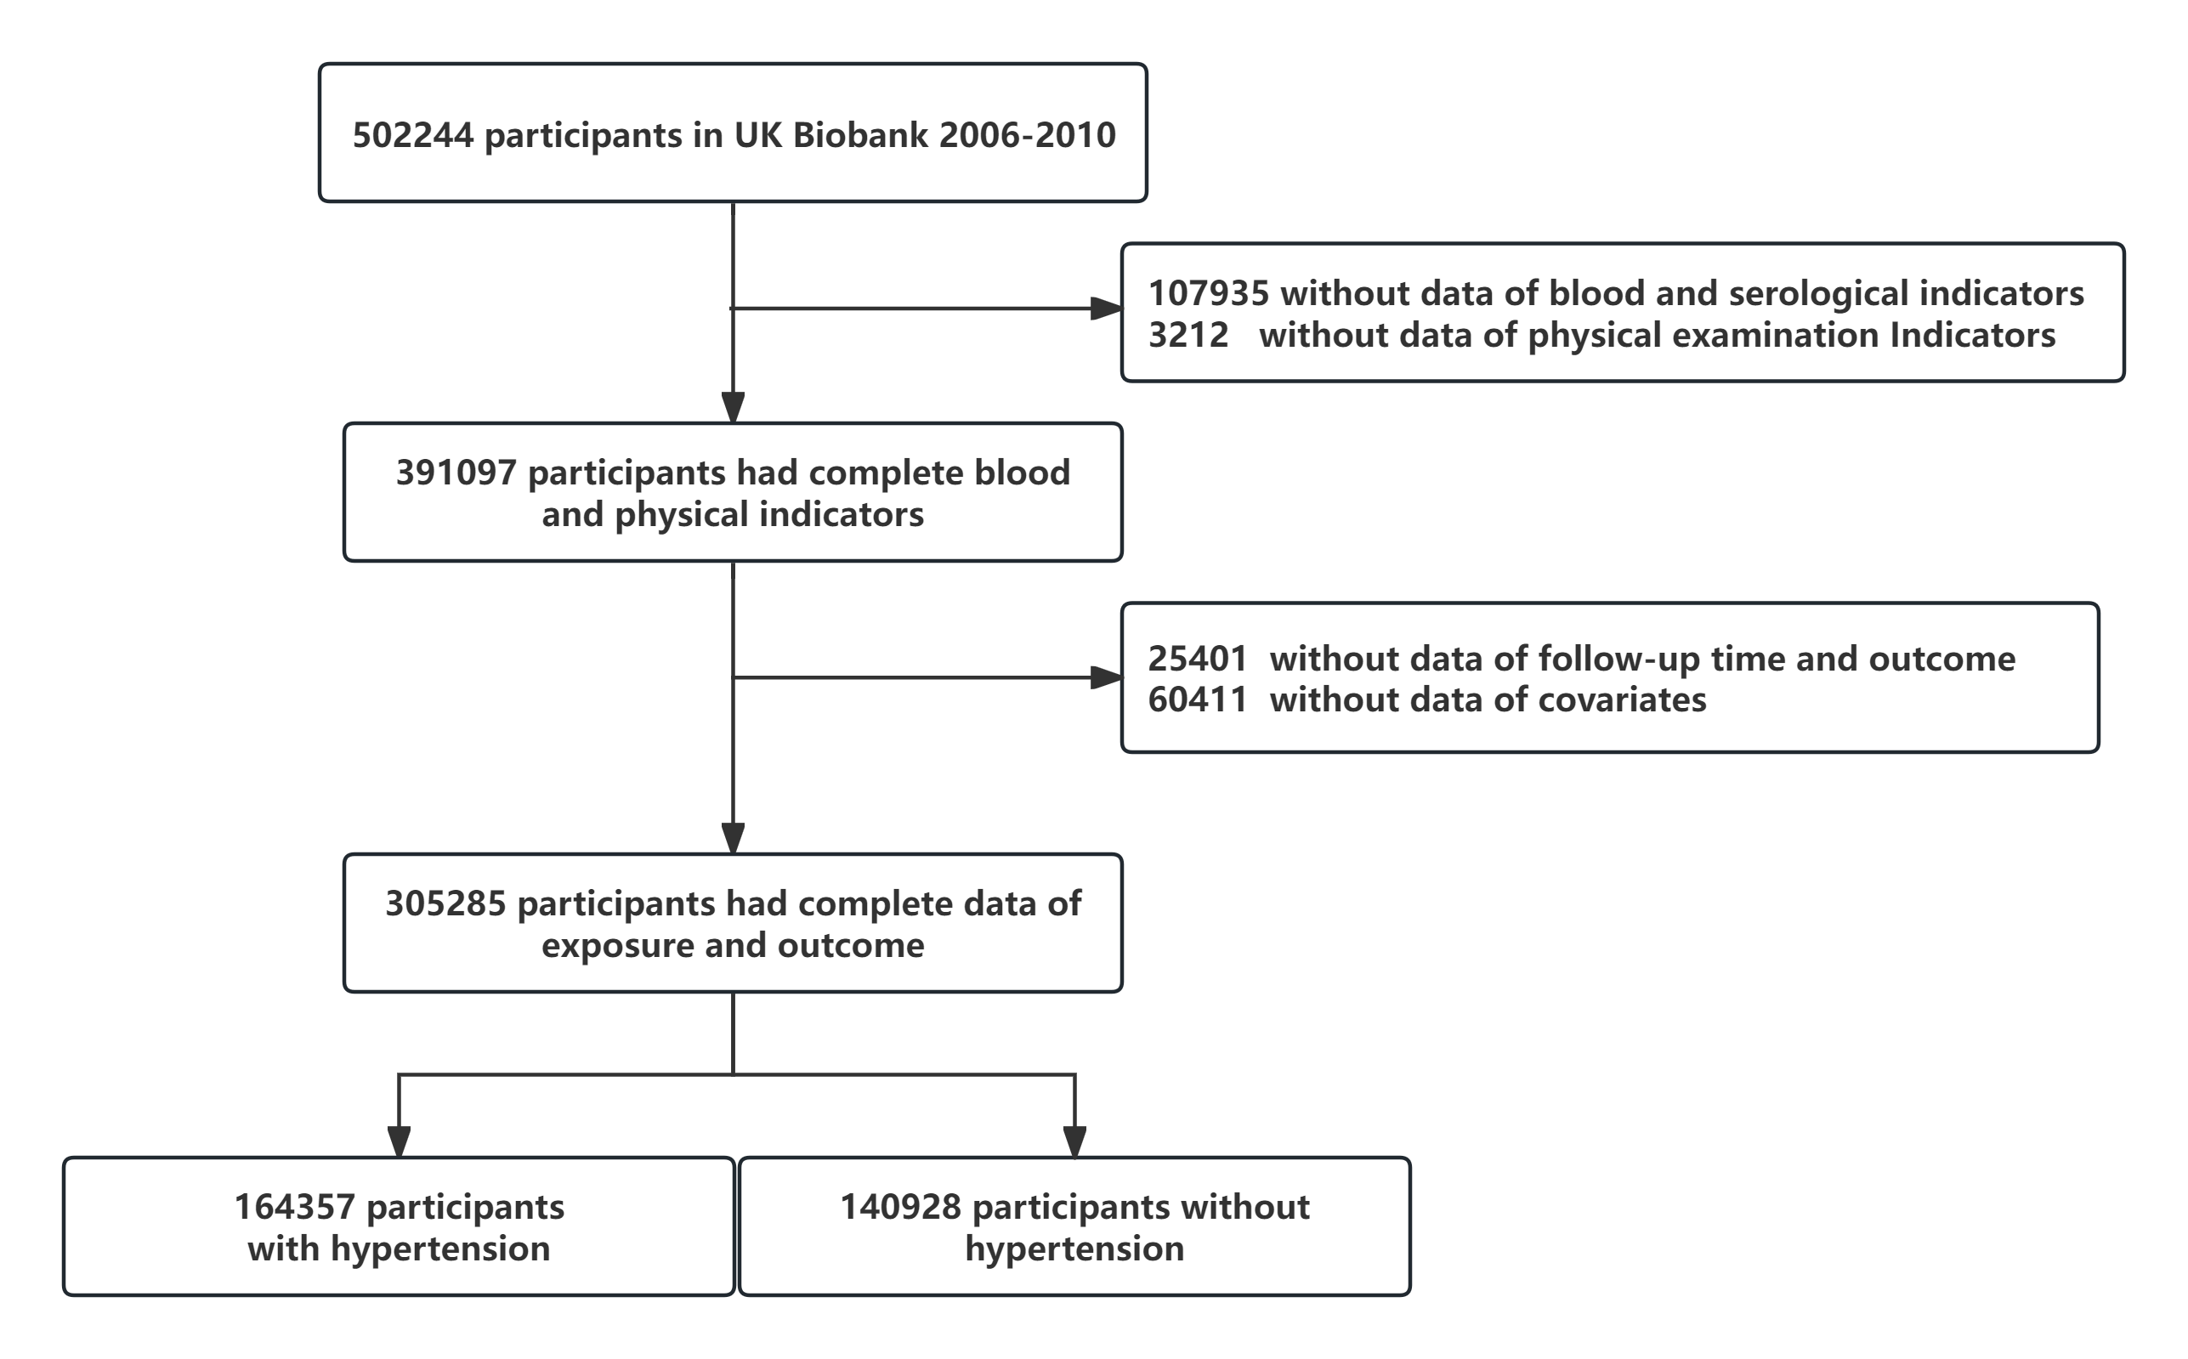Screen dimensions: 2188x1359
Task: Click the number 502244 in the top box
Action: pos(412,135)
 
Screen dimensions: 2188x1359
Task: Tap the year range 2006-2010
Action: pos(1028,135)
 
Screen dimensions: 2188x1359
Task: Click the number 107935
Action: pos(1209,293)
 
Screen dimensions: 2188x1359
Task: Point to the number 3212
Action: pos(1188,335)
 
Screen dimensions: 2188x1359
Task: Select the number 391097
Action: pos(456,473)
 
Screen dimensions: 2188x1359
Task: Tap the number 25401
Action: pos(1199,659)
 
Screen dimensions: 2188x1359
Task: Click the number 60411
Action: pos(1199,699)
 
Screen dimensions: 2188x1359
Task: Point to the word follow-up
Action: pos(1618,659)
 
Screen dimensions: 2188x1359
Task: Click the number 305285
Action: pos(446,903)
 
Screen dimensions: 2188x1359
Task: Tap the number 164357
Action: pos(295,1206)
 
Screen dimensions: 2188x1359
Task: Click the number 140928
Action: pos(901,1206)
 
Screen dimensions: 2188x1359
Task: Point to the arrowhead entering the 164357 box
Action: pos(400,1142)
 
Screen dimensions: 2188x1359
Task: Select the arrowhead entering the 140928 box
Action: pos(1075,1142)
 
